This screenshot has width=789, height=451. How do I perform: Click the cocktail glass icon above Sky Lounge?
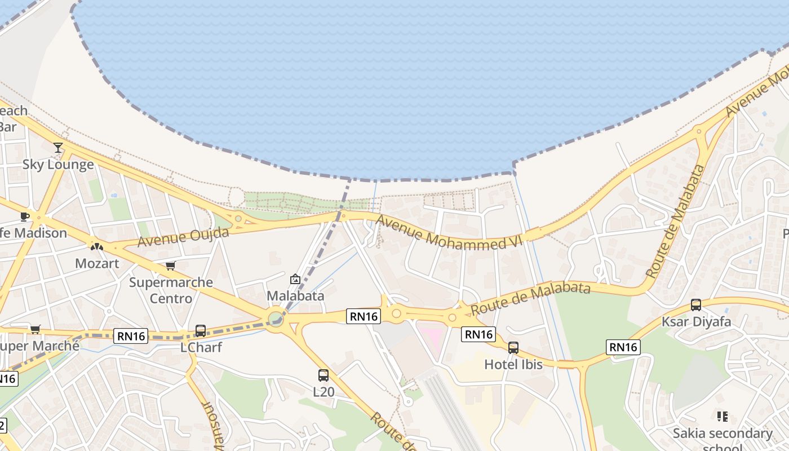pos(58,148)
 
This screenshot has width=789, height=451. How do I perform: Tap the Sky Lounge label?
pos(58,165)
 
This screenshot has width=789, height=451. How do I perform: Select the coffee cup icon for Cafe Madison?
pos(24,216)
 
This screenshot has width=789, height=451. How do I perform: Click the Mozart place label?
pos(97,263)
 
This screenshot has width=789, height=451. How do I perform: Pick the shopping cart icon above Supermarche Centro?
pos(170,266)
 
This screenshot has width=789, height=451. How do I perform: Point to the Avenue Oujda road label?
pos(183,237)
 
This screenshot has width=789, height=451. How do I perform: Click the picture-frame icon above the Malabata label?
pos(295,279)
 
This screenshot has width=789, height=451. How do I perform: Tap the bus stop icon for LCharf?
pos(200,331)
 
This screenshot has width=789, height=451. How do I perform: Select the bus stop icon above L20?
pos(323,375)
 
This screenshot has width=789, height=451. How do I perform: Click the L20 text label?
pos(323,391)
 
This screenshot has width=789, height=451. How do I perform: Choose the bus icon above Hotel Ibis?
pos(513,348)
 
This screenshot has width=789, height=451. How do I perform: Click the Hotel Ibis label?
pos(513,365)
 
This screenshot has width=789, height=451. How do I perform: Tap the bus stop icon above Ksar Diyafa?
pos(695,305)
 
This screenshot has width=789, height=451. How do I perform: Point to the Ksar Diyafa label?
pos(696,322)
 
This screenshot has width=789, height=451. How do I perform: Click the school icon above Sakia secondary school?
pos(722,417)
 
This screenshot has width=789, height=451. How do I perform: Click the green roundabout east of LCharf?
pos(276,319)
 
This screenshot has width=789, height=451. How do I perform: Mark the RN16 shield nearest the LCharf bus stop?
pos(131,337)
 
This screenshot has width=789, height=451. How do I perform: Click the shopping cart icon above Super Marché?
pos(35,329)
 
